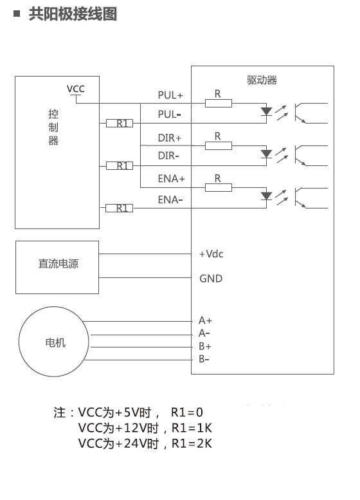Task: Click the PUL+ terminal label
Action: (x=170, y=95)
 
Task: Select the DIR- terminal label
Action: (x=168, y=156)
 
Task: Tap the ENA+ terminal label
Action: (x=172, y=179)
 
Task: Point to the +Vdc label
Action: (x=212, y=254)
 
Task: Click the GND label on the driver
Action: (x=211, y=279)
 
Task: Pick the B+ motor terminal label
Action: (x=205, y=346)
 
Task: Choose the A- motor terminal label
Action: (x=204, y=333)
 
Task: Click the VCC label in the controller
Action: (x=75, y=89)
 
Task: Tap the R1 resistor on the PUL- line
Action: (x=120, y=123)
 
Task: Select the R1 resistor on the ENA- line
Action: (x=120, y=208)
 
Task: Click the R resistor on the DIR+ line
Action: (x=219, y=145)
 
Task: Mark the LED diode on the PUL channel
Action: (x=266, y=111)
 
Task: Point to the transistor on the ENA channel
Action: (x=301, y=198)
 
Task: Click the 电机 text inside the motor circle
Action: (x=55, y=342)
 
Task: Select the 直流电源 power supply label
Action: (x=59, y=264)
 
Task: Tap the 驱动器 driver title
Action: (x=262, y=80)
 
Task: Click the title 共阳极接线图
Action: (x=73, y=14)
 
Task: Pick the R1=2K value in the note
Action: (x=192, y=443)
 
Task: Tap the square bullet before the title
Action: (x=17, y=14)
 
